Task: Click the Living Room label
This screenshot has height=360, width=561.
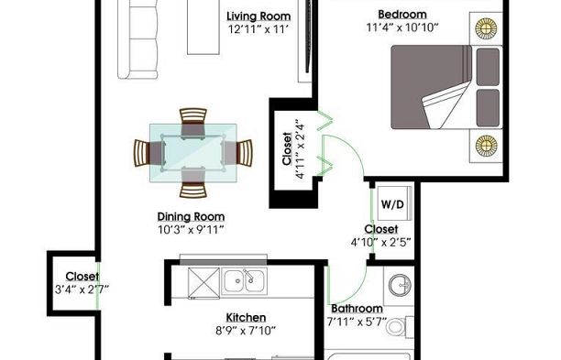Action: [x=258, y=16]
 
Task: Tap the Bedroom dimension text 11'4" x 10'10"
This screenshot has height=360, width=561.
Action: [x=402, y=27]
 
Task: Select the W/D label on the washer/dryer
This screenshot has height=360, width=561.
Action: [x=392, y=204]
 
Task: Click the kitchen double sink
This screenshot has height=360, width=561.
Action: [x=245, y=281]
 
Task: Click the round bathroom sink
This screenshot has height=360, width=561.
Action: [x=400, y=285]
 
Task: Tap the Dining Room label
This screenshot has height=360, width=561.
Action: [x=191, y=217]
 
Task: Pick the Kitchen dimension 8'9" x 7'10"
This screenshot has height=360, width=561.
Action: [x=246, y=331]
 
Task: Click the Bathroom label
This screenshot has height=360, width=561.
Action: [x=357, y=309]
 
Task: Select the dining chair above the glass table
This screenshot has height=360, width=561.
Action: [x=193, y=123]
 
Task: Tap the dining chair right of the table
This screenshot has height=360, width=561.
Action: [x=237, y=153]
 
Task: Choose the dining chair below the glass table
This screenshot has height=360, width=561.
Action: [x=193, y=182]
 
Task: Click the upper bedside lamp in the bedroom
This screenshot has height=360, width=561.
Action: [x=486, y=27]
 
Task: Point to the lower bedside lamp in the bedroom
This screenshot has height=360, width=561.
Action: [x=486, y=145]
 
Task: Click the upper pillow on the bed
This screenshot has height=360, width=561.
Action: [x=488, y=67]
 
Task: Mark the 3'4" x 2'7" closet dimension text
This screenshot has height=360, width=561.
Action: [x=82, y=289]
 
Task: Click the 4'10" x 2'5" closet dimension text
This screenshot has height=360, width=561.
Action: [x=380, y=243]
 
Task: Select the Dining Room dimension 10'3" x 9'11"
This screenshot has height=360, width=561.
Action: [x=191, y=230]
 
